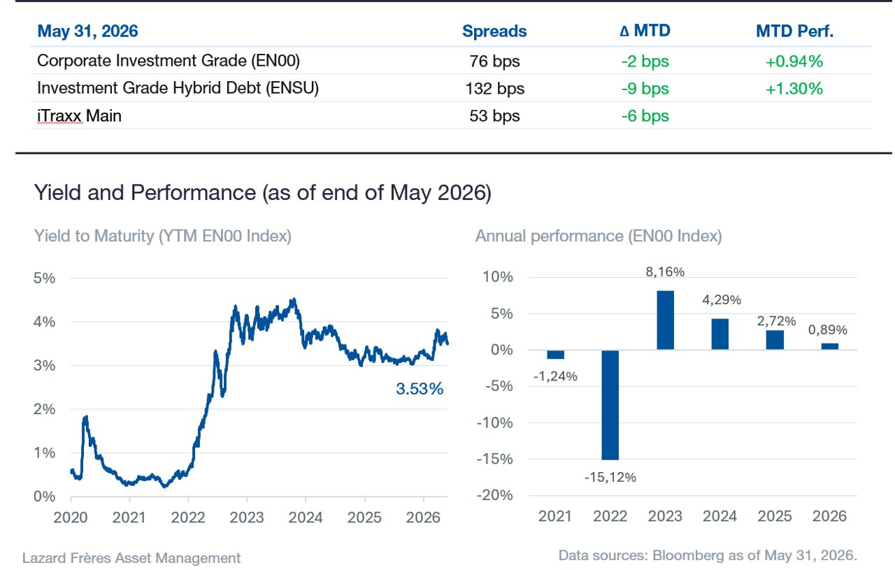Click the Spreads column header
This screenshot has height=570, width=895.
494,31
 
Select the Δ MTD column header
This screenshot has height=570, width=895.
645,30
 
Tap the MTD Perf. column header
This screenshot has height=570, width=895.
794,31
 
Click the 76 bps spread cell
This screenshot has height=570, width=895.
494,61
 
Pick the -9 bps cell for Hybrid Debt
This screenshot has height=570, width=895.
645,88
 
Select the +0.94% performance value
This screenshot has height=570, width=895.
794,61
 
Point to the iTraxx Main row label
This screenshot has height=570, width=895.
79,116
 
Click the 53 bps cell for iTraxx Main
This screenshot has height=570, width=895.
494,116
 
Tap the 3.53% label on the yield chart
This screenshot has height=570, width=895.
420,389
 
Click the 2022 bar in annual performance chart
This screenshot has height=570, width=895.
610,405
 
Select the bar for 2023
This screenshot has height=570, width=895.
665,320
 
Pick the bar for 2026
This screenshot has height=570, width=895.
830,347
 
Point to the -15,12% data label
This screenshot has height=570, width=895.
610,477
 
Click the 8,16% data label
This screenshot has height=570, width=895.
665,272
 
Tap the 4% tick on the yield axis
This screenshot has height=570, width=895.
44,322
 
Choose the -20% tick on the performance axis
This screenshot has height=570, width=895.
494,495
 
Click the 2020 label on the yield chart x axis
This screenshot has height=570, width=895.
71,518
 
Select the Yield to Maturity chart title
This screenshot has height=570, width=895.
163,236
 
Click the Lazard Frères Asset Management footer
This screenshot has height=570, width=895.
131,558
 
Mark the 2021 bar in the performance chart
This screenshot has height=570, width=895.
555,355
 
